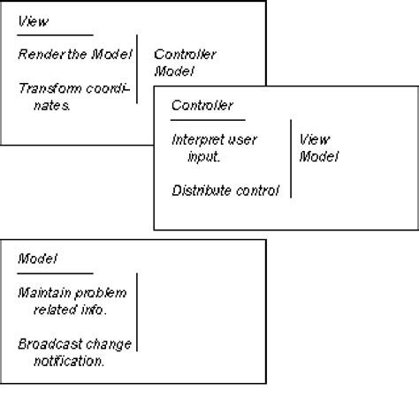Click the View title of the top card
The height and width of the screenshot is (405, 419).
[34, 21]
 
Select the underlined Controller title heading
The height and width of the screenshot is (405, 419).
[202, 106]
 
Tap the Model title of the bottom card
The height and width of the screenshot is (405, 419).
[38, 259]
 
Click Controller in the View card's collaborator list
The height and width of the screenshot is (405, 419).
[185, 55]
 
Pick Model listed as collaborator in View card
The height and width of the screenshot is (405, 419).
[174, 71]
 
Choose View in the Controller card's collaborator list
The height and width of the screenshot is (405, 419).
[315, 139]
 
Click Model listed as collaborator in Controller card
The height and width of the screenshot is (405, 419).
[319, 156]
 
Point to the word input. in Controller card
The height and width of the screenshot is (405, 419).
[203, 156]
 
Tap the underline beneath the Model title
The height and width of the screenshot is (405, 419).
[55, 274]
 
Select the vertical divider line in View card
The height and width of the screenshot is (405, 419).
[137, 71]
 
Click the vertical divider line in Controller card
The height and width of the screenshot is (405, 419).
[290, 159]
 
